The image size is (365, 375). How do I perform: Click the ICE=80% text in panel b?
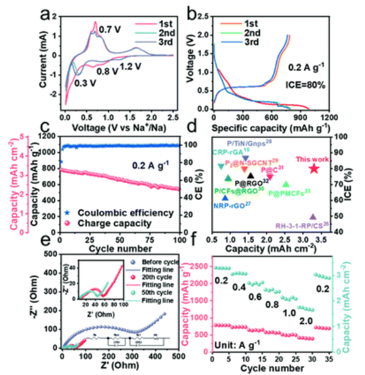coord(307,85)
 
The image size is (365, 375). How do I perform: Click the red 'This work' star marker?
coord(314,169)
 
